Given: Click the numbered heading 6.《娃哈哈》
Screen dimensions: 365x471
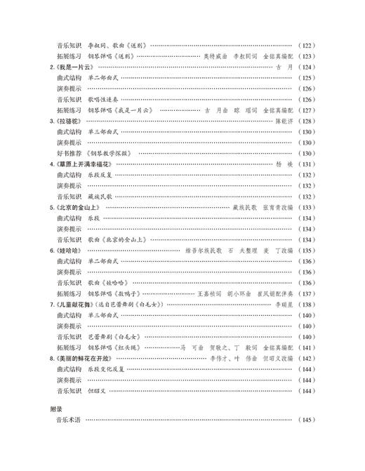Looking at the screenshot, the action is click(69, 251).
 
